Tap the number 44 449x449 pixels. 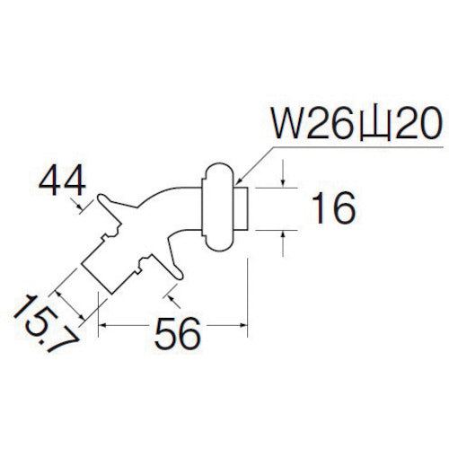[62, 182]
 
